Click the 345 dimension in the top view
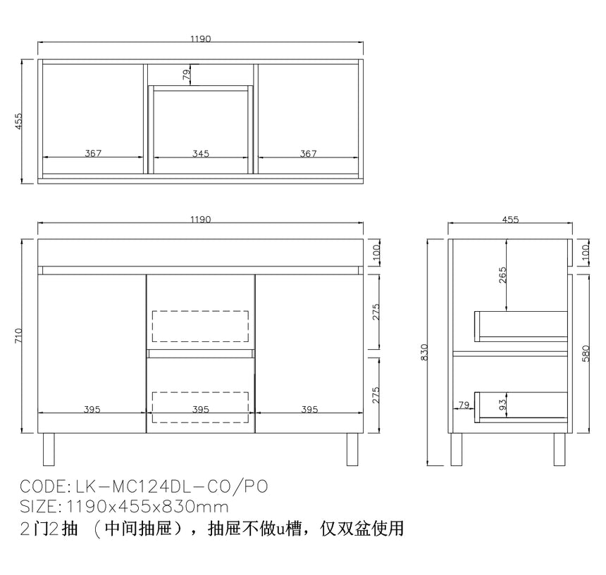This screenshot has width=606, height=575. pos(201,153)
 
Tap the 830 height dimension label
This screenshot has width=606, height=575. pos(424,352)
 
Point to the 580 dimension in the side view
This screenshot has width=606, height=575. pos(586,353)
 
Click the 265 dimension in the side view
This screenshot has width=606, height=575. pos(502,274)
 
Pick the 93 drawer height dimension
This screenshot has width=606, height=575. pos(502,405)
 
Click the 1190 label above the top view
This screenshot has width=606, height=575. pos(201,39)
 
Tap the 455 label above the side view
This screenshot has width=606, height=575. pos(510,220)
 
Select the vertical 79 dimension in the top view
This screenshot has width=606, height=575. pos(186,75)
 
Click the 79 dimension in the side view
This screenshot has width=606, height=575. pos(464,405)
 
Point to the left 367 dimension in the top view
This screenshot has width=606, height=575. pos(93,153)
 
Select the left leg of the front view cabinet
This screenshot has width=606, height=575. pos(49,449)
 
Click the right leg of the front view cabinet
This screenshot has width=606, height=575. pos(352,449)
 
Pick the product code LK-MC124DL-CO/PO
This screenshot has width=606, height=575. pos(172,486)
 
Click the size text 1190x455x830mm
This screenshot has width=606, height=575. pos(148,507)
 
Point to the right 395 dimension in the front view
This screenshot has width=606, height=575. pos(309,410)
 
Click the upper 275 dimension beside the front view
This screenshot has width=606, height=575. pos(376,312)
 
